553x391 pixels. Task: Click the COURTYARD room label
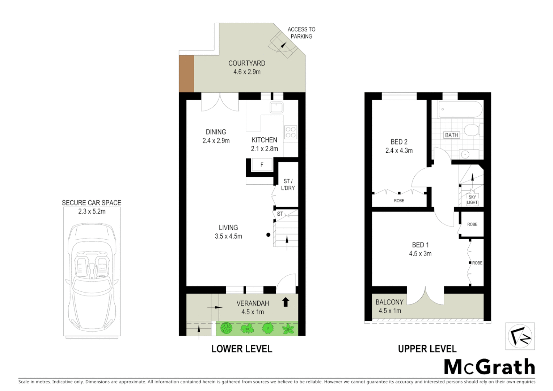pos(246,63)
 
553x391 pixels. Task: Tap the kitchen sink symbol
pos(276,108)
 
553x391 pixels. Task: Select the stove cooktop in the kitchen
pos(291,132)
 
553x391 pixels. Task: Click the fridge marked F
pos(262,165)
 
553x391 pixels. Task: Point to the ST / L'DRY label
pos(288,185)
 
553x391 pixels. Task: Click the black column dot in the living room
pos(268,235)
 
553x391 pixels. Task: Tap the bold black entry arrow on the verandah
pos(286,302)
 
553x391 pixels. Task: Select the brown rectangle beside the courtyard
pos(186,74)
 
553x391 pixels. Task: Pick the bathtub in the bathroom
pos(460,109)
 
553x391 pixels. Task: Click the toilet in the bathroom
pos(472,130)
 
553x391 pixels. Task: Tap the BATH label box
pos(451,135)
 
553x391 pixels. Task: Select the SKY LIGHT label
pos(472,200)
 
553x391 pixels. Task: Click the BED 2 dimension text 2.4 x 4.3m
pos(399,151)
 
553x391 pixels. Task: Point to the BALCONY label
pos(389,302)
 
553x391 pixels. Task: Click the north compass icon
pos(520,336)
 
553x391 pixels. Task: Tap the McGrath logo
pos(489,367)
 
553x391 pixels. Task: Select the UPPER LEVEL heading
pos(427,349)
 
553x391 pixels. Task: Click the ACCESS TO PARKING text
pos(301,33)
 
